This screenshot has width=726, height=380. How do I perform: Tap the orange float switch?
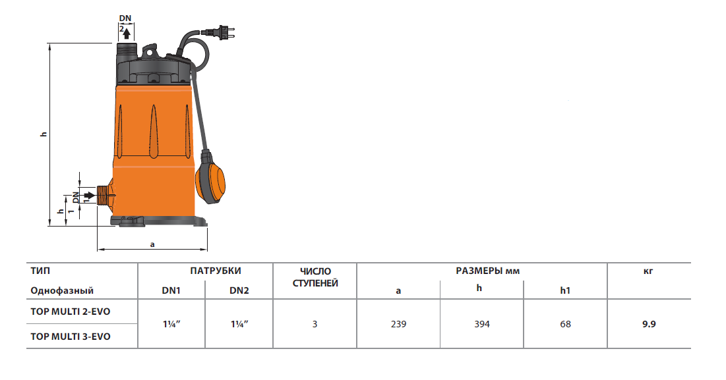(x=210, y=177)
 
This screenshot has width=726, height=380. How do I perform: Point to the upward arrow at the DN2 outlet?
(x=127, y=33)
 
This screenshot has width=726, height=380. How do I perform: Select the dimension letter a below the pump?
(x=152, y=244)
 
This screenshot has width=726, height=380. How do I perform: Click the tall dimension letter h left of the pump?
(x=44, y=134)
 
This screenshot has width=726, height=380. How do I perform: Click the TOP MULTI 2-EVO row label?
(x=71, y=312)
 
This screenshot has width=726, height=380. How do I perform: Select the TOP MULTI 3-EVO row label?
(x=71, y=337)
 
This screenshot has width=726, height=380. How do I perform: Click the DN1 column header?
(x=171, y=290)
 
